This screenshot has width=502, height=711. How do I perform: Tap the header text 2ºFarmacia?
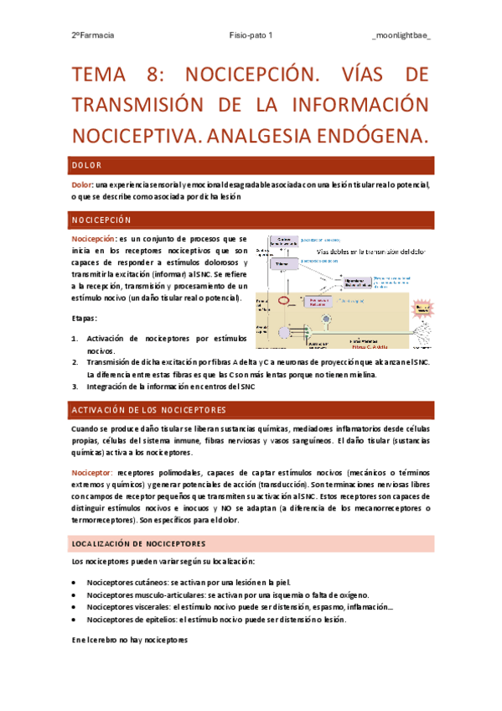pos(93,36)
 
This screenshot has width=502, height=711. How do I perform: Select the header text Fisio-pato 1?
pos(251,36)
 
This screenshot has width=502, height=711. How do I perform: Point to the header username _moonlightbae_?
pos(401,36)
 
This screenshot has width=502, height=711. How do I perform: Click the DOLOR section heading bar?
pos(251,165)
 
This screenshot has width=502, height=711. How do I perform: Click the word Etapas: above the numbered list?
pos(85,319)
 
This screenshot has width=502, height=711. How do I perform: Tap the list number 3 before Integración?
pos(75,387)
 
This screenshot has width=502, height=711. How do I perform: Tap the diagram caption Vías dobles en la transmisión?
pos(370,252)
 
